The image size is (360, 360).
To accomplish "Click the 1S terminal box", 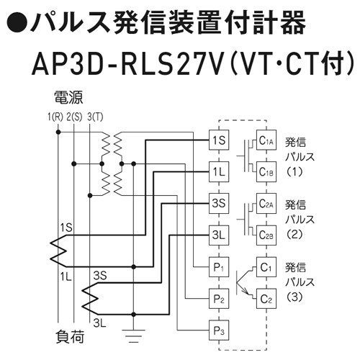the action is (219, 140).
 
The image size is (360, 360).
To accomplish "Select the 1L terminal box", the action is (219, 171).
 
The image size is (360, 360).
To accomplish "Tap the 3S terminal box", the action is (219, 203).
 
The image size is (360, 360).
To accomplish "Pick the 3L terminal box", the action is (219, 235).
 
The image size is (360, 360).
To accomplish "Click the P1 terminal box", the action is (219, 267).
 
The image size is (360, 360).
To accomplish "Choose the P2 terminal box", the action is (219, 299).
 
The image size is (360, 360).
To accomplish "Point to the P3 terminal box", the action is (219, 330).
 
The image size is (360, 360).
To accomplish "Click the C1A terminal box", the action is (266, 140).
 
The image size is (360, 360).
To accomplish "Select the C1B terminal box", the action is (266, 171).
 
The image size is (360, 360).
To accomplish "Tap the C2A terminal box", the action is (266, 203).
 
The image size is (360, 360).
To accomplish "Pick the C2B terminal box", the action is (266, 235).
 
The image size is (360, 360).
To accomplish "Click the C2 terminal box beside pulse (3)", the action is (266, 299).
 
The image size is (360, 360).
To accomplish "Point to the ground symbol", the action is (134, 336).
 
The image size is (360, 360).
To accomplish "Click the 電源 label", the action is (68, 97).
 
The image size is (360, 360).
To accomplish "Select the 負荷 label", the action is (70, 337).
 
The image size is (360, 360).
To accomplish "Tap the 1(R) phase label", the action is (55, 117).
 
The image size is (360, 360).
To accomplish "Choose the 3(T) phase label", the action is (95, 117).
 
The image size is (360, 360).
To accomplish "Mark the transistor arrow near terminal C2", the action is (245, 290).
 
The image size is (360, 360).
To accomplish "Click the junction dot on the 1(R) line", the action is (58, 132).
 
